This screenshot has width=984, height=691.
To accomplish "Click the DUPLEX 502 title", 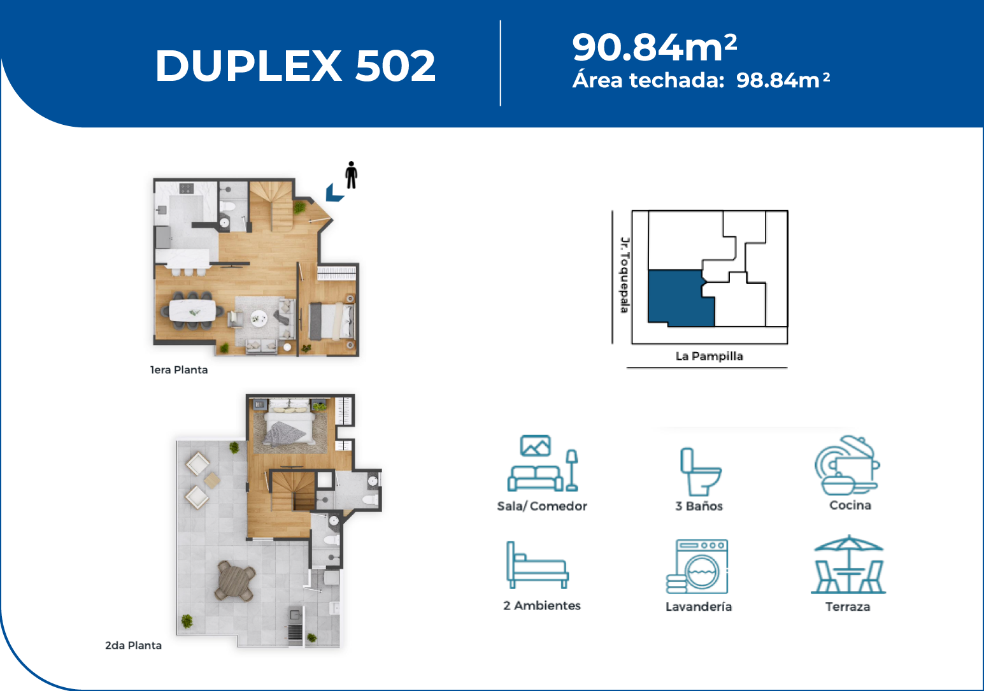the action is pyautogui.click(x=296, y=66).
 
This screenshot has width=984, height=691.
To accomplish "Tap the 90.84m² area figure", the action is pyautogui.click(x=655, y=46).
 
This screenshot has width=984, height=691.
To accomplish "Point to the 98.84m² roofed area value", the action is pyautogui.click(x=783, y=80).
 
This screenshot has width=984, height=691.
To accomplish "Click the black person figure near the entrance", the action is pyautogui.click(x=351, y=175).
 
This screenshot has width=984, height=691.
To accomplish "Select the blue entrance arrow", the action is pyautogui.click(x=334, y=193).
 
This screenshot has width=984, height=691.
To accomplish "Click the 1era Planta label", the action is pyautogui.click(x=179, y=370).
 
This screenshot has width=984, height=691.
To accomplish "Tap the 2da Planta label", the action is pyautogui.click(x=133, y=645).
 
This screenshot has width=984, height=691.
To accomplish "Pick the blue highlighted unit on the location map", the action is pyautogui.click(x=679, y=299).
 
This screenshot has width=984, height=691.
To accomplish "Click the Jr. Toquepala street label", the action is pyautogui.click(x=625, y=275).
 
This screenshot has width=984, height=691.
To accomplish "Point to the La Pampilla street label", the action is pyautogui.click(x=709, y=356).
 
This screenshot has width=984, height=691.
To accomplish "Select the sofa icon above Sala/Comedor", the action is pyautogui.click(x=543, y=463).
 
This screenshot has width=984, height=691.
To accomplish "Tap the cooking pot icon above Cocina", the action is pyautogui.click(x=847, y=465).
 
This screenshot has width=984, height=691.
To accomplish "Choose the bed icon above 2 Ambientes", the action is pyautogui.click(x=538, y=565).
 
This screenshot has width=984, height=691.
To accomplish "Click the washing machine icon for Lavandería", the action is pyautogui.click(x=697, y=567).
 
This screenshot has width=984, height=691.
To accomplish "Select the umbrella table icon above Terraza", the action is pyautogui.click(x=848, y=564).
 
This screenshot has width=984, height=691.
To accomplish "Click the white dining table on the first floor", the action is pyautogui.click(x=192, y=310).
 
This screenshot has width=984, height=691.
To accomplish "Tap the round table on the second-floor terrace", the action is pyautogui.click(x=236, y=581).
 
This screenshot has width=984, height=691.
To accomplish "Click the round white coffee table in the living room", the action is pyautogui.click(x=259, y=318).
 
